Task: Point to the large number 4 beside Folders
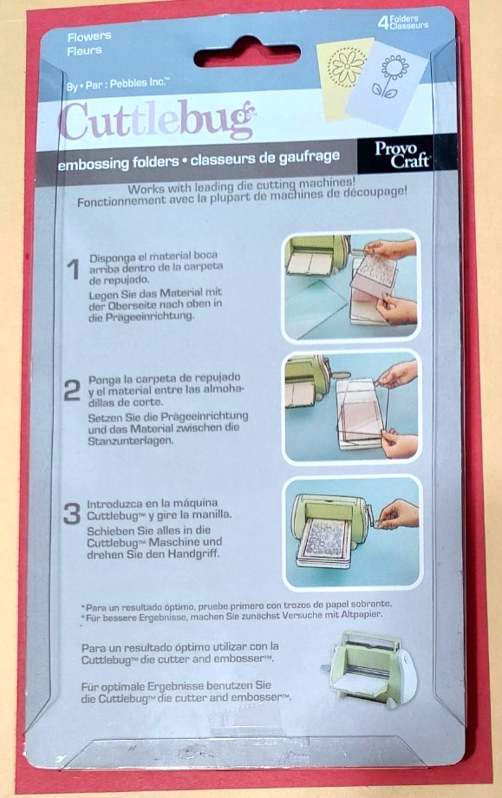pyautogui.click(x=382, y=24)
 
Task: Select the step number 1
pyautogui.click(x=75, y=271)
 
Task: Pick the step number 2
pyautogui.click(x=73, y=390)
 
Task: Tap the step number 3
pyautogui.click(x=74, y=513)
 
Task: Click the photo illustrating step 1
pyautogui.click(x=351, y=285)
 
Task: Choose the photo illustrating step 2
pyautogui.click(x=351, y=406)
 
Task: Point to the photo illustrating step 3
pyautogui.click(x=351, y=530)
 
